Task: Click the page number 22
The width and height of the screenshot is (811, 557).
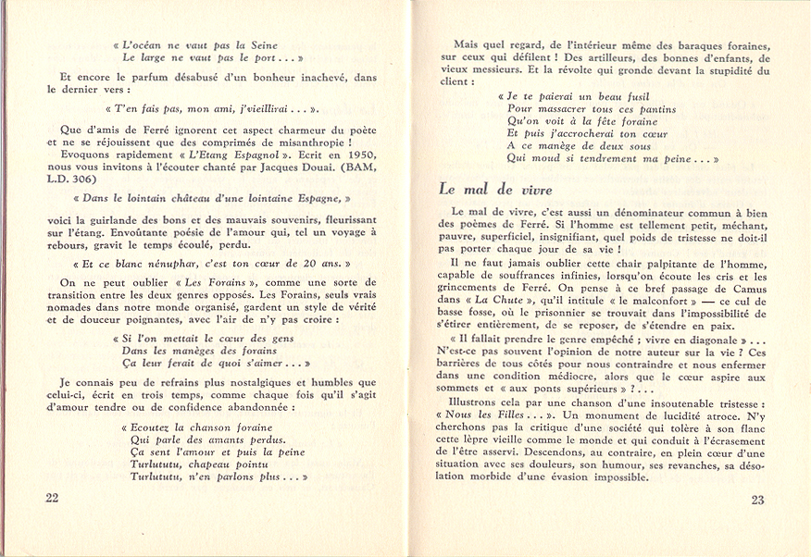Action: [53, 497]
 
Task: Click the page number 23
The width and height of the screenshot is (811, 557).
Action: [757, 500]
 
